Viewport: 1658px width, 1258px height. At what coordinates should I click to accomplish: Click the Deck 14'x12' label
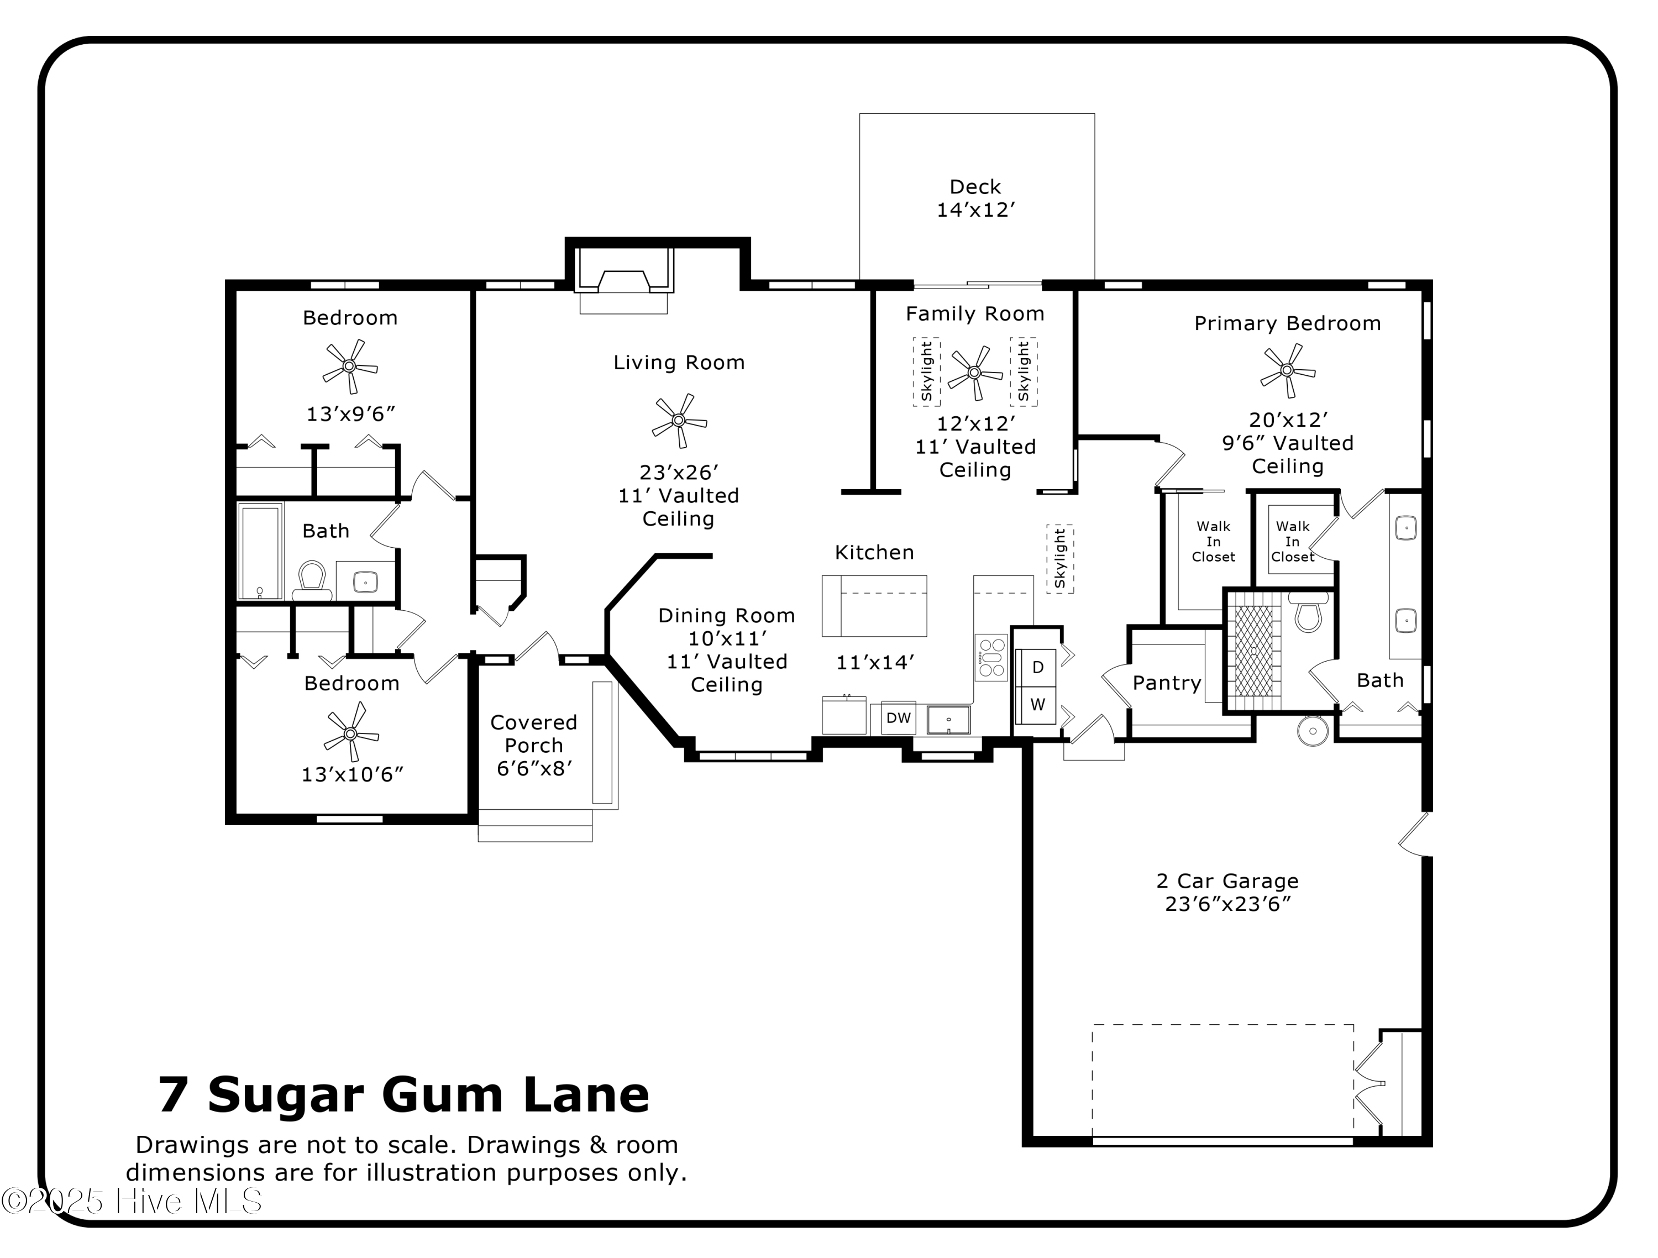pyautogui.click(x=975, y=198)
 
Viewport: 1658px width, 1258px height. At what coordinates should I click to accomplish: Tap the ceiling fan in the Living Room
pyautogui.click(x=679, y=421)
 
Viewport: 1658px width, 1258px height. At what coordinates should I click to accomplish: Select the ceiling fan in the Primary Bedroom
pyautogui.click(x=1287, y=370)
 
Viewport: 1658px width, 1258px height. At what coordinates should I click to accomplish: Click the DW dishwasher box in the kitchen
pyautogui.click(x=898, y=718)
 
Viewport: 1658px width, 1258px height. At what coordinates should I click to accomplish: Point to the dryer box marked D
pyautogui.click(x=1037, y=667)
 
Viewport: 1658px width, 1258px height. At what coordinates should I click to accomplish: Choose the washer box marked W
pyautogui.click(x=1037, y=705)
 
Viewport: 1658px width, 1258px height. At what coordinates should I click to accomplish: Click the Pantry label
pyautogui.click(x=1166, y=683)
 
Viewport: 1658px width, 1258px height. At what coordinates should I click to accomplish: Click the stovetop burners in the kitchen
pyautogui.click(x=991, y=658)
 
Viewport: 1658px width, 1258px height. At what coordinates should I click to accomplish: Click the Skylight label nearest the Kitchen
pyautogui.click(x=1059, y=559)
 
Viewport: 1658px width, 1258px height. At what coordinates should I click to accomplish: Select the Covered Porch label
pyautogui.click(x=534, y=734)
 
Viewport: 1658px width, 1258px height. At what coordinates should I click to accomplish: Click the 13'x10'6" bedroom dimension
pyautogui.click(x=352, y=774)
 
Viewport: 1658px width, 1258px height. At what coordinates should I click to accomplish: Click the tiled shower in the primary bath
pyautogui.click(x=1253, y=650)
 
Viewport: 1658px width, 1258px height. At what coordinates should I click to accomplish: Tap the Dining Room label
pyautogui.click(x=726, y=616)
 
